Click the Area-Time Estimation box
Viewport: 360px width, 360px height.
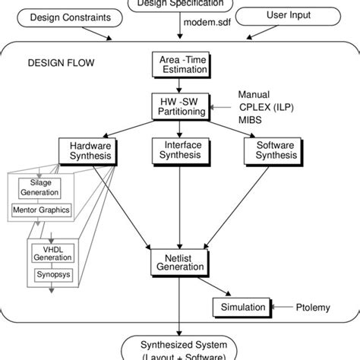pos(178,65)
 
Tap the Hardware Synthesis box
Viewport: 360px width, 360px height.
pos(90,150)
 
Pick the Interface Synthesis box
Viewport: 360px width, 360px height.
pos(178,150)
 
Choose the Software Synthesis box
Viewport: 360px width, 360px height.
pos(268,150)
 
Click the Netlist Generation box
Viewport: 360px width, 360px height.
pos(178,264)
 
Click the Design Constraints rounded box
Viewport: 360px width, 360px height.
pos(58,17)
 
